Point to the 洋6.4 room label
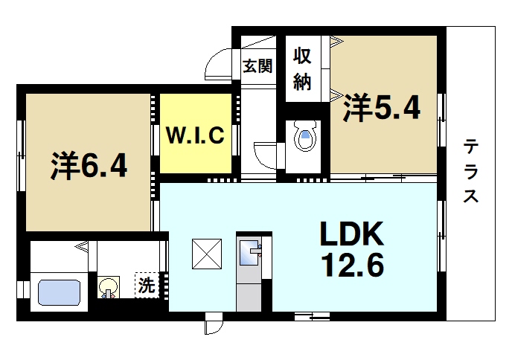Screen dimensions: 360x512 (89, 166)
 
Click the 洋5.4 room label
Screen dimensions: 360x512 (381, 109)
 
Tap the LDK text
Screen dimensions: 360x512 (351, 236)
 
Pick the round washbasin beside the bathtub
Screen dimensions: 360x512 (109, 286)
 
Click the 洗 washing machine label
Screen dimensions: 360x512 (145, 284)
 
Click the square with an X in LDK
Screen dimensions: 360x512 (205, 254)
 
